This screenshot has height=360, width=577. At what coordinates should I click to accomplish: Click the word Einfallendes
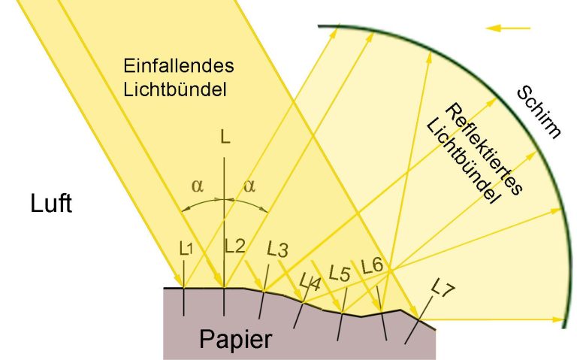179,66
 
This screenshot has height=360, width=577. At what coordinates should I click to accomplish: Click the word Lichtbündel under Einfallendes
175,89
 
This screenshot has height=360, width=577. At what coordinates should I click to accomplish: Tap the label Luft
51,204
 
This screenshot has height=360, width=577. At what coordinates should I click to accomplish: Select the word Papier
235,339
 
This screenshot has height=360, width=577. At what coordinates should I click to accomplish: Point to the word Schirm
539,112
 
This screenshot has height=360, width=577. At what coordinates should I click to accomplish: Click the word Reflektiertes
484,149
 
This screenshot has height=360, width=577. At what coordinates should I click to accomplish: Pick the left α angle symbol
198,186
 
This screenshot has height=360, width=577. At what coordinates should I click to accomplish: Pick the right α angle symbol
249,186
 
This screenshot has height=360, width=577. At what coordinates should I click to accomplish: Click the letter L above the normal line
225,138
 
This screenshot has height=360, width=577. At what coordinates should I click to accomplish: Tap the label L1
186,250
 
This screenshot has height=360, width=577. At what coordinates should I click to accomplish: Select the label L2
234,246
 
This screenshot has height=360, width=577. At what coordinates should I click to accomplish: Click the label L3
277,250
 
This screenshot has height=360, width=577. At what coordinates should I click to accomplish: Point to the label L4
310,283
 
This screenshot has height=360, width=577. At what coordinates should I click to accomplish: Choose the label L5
339,274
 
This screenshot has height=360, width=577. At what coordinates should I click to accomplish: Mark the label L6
372,266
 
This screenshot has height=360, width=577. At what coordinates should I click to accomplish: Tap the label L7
443,287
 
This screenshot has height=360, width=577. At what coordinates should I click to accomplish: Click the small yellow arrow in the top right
508,28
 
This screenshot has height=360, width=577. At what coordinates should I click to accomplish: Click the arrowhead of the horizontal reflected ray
560,319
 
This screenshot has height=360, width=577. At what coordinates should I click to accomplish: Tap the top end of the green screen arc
319,26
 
